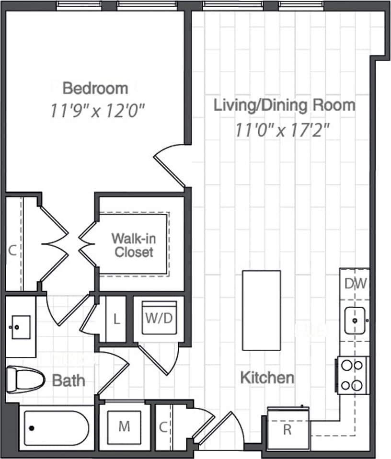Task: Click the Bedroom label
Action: [95, 88]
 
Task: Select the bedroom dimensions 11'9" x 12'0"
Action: [97, 111]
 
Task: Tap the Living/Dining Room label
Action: [284, 105]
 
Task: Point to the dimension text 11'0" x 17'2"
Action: [283, 130]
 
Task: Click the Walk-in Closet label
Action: [134, 245]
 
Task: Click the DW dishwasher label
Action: [355, 284]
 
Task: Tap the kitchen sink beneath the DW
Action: [355, 320]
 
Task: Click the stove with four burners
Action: [354, 375]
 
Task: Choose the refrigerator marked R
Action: [287, 428]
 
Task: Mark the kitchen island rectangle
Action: [261, 310]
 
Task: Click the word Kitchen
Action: [267, 378]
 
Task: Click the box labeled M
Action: [124, 426]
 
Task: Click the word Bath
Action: [69, 381]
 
